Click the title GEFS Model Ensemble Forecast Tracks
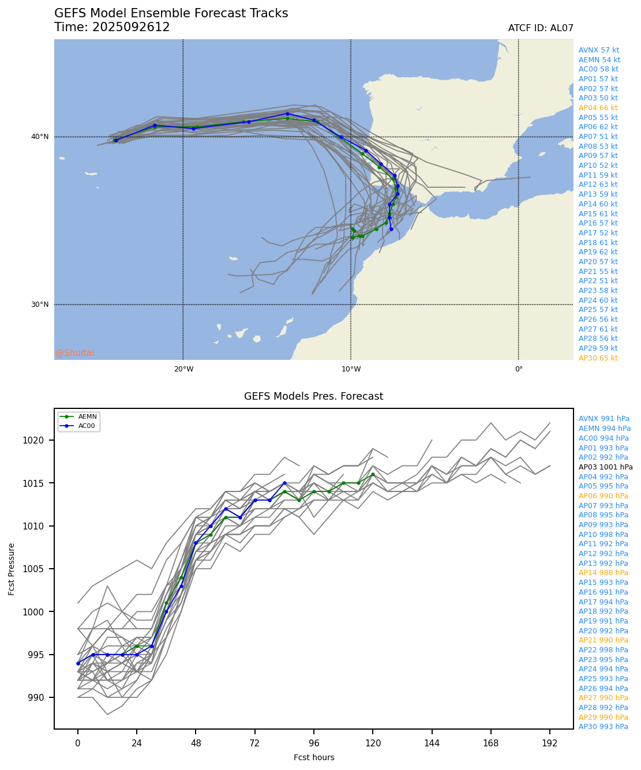171,13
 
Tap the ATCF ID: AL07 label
540,28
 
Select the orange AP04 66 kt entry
598,108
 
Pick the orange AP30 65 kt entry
598,358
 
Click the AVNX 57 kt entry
598,50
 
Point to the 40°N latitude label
39,137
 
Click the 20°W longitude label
183,369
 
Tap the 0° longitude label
518,369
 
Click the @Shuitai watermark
75,353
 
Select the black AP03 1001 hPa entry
605,467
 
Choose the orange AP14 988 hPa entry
603,573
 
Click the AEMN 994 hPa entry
604,429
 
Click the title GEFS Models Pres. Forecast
313,396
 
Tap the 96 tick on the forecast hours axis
314,743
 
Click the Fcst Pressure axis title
12,569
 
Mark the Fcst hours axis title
313,757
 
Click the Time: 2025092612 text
112,27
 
